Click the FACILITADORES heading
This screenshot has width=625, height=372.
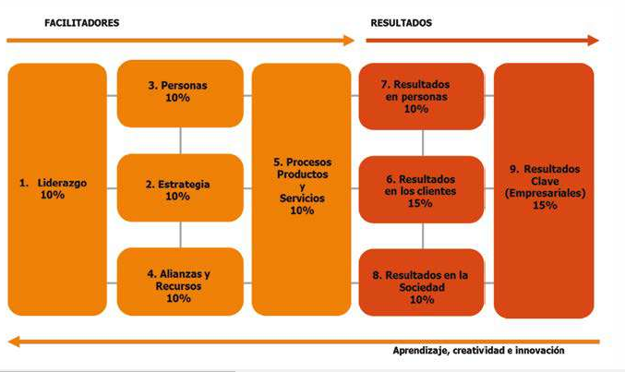click(82, 22)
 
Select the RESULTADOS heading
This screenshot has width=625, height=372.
click(401, 22)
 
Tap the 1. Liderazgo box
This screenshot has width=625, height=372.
click(57, 189)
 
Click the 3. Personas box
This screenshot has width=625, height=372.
click(180, 93)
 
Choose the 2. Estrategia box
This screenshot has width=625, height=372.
click(180, 189)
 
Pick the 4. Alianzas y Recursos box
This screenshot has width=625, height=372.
click(180, 282)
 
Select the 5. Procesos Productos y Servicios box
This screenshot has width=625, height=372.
click(301, 189)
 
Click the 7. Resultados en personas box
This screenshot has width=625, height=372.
click(421, 96)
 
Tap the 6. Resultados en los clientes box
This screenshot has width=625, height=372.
click(421, 189)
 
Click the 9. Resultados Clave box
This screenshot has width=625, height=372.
click(544, 189)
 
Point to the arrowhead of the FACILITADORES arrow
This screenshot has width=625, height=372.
click(350, 41)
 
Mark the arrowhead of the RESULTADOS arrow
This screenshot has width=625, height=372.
click(594, 41)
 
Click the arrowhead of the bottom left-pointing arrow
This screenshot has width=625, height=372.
click(12, 342)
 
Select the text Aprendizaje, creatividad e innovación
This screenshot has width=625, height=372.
click(478, 352)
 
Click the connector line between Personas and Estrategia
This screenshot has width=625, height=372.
click(181, 140)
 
